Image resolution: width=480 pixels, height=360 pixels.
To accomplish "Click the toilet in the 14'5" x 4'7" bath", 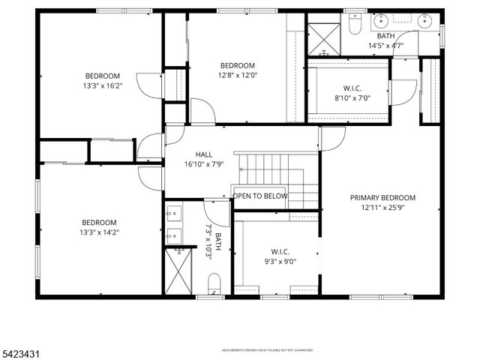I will (355, 25).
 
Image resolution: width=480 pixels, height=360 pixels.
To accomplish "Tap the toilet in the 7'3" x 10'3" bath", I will (214, 283).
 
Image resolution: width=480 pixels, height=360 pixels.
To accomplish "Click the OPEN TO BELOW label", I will (260, 196).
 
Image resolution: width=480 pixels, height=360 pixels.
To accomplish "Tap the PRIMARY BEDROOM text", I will (382, 198).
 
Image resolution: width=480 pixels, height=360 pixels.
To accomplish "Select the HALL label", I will (204, 154).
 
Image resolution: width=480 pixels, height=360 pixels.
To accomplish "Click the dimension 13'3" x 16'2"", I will (103, 86).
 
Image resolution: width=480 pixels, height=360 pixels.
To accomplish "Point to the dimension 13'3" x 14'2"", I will (100, 232).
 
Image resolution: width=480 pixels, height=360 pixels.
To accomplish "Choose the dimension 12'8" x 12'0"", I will (237, 75).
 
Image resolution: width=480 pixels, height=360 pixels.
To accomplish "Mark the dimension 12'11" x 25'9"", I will (382, 208).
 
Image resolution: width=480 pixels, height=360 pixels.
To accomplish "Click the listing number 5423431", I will (20, 350).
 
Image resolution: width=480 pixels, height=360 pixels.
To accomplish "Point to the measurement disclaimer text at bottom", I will (267, 350).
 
